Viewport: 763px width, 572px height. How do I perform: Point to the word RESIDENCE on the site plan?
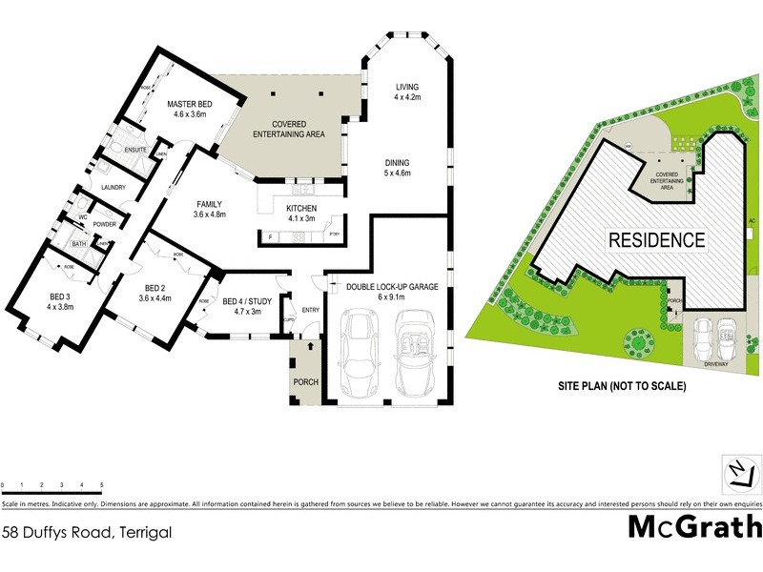[657, 240]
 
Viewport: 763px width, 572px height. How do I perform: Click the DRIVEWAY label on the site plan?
[715, 363]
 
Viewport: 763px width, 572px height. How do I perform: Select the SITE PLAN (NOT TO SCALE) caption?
[622, 388]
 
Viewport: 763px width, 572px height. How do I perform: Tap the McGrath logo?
[694, 526]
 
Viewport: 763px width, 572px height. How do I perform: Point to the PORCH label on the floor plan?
[306, 382]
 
